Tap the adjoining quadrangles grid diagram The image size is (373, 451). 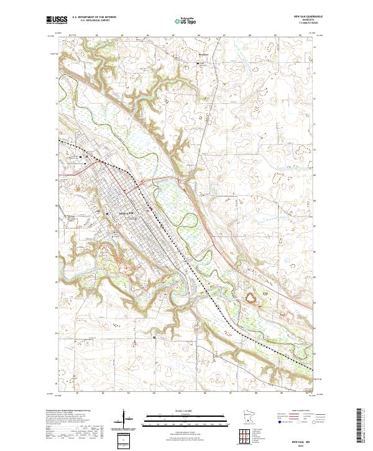pyautogui.click(x=247, y=435)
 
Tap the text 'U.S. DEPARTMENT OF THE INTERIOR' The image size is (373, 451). pyautogui.click(x=94, y=17)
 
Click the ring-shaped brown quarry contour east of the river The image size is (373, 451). pyautogui.click(x=254, y=300)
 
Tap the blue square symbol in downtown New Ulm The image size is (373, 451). pyautogui.click(x=108, y=213)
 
